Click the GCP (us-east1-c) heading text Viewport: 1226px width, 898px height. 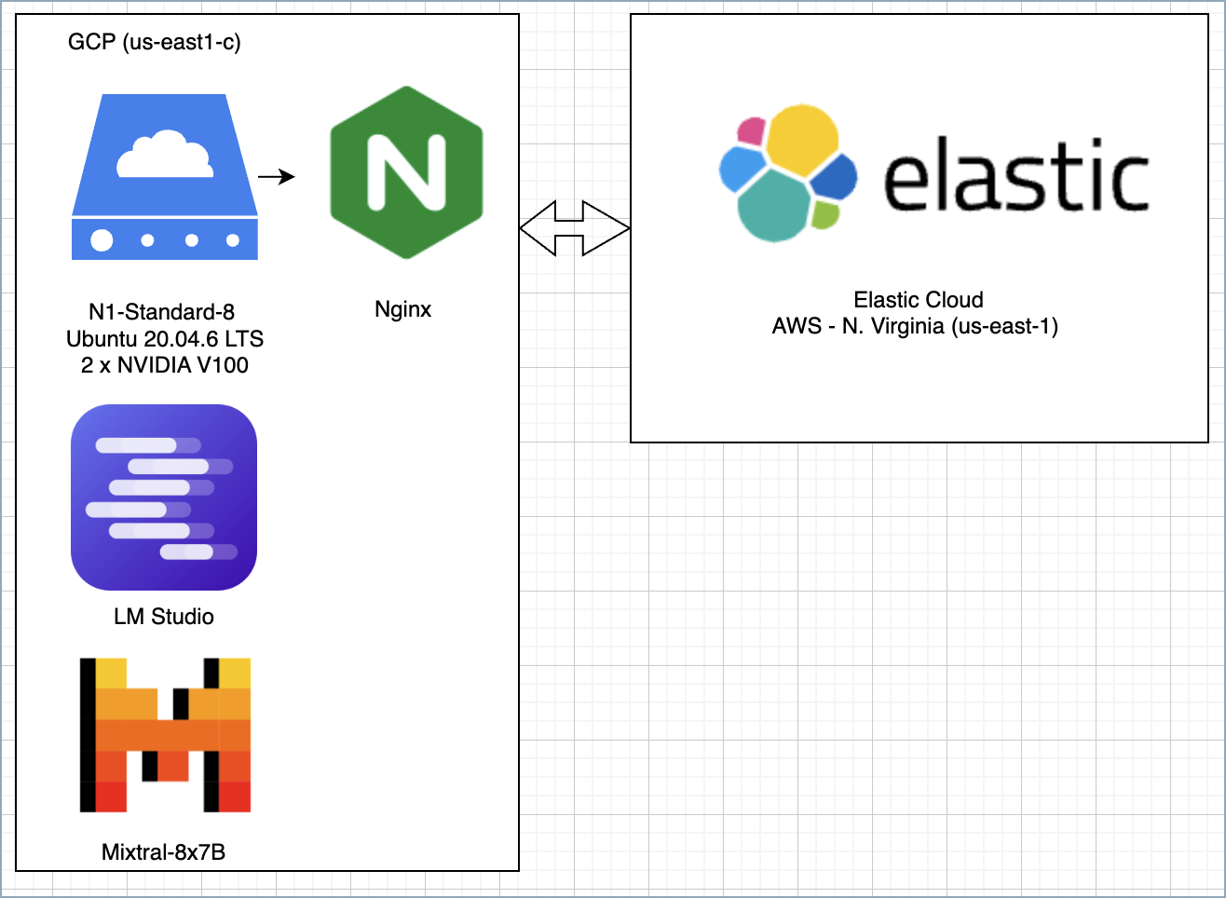(x=155, y=42)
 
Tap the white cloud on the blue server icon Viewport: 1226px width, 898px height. (x=164, y=156)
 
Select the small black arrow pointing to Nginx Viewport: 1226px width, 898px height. (x=276, y=177)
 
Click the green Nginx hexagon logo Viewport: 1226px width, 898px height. (x=406, y=172)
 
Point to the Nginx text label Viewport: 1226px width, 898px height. (x=402, y=309)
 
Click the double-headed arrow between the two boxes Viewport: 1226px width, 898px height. (x=575, y=227)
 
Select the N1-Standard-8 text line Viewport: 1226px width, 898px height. (x=161, y=312)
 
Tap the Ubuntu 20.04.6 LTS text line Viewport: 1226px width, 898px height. (x=165, y=338)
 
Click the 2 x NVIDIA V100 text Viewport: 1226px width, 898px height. (x=165, y=365)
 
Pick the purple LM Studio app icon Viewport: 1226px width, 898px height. (x=164, y=497)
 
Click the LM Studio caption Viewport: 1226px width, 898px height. (x=164, y=617)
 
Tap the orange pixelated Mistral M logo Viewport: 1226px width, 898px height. (x=165, y=735)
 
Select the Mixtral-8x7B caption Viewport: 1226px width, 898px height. (x=163, y=852)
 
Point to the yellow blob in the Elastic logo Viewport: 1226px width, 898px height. (x=802, y=139)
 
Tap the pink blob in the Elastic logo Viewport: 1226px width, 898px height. (x=751, y=130)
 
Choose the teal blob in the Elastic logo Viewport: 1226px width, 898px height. (x=773, y=206)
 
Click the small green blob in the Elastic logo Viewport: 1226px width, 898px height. (x=825, y=214)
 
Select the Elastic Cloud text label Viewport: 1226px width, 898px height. (x=919, y=300)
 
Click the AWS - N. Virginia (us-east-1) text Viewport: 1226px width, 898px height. (x=915, y=327)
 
